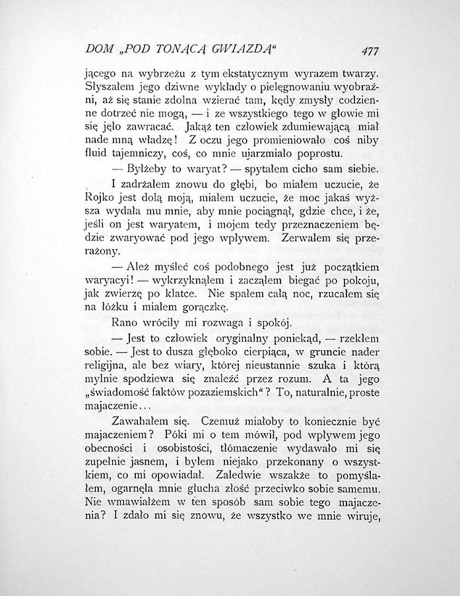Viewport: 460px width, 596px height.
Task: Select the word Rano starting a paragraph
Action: [x=125, y=323]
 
